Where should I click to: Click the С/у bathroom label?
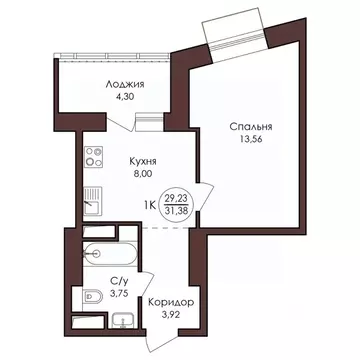tap(118, 282)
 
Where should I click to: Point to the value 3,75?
tap(118, 296)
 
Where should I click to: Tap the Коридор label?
tap(170, 302)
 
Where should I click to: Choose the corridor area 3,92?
tap(170, 316)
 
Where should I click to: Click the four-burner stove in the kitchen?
tap(94, 158)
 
